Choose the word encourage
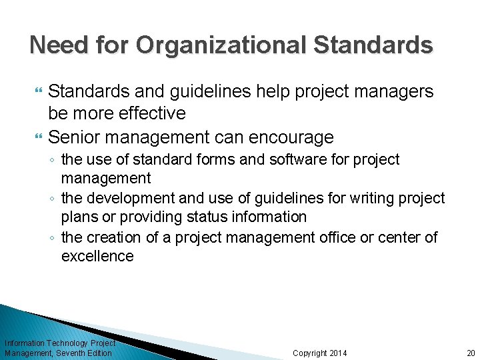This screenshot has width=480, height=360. click(290, 137)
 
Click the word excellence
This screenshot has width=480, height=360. click(97, 256)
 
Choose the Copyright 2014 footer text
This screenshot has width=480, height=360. click(320, 353)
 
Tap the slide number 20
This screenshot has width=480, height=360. click(471, 353)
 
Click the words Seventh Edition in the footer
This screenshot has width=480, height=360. click(86, 353)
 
